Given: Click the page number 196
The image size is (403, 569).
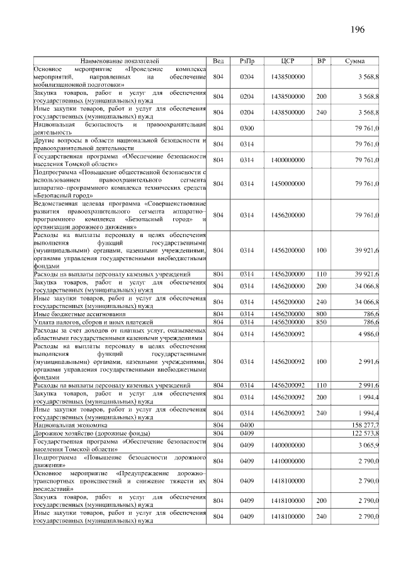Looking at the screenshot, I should (358, 30).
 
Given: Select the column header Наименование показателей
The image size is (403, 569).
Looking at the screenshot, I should (120, 60).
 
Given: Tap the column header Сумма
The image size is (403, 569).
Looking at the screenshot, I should (357, 60).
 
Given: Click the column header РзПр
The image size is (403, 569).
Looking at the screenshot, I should (247, 60).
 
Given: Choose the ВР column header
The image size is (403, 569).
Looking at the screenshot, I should (321, 60).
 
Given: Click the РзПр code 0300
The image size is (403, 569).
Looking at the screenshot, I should (247, 128).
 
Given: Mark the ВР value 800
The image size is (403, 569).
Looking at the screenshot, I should (321, 313).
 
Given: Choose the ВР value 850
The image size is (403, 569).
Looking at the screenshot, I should (321, 321).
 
